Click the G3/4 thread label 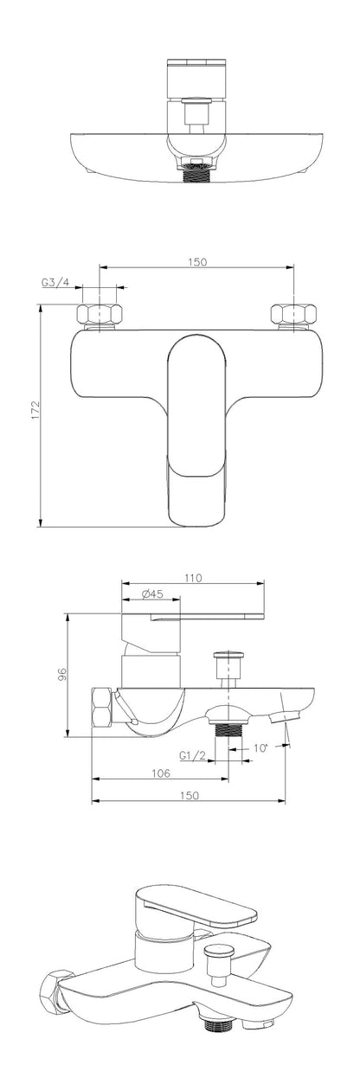(56, 283)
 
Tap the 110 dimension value (193, 578)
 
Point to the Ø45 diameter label (152, 594)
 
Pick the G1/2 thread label (192, 756)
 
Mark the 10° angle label (261, 748)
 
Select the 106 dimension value (161, 773)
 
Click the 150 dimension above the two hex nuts (197, 262)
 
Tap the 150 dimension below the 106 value (189, 796)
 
